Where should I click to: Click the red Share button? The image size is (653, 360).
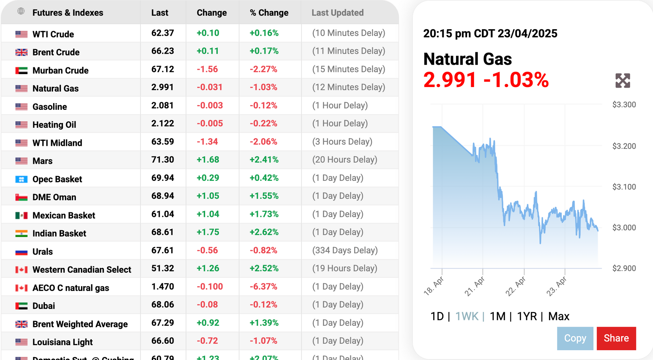[x=616, y=338]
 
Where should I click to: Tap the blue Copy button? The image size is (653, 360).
[x=575, y=338]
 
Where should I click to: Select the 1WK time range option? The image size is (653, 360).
[x=467, y=316]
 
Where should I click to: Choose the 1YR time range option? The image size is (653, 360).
[x=526, y=316]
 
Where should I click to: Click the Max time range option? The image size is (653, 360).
[x=558, y=316]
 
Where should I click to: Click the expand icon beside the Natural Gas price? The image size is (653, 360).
[x=622, y=81]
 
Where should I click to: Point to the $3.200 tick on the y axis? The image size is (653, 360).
[x=624, y=146]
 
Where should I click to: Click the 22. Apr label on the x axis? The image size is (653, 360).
[x=516, y=286]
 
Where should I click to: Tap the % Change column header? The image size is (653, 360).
[x=269, y=13]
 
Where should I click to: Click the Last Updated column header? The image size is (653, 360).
[x=337, y=13]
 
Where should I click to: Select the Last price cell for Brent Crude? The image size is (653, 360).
[x=163, y=51]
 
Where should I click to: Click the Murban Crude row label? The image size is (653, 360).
[x=61, y=70]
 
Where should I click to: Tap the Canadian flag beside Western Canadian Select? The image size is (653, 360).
[x=21, y=270]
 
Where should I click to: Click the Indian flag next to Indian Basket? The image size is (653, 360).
[x=21, y=234]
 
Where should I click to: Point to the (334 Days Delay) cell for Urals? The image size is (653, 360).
[x=345, y=251]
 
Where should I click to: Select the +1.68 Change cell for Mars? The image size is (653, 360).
[x=208, y=160]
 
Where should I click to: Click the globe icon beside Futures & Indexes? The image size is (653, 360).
[x=21, y=11]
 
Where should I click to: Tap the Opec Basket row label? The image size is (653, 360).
[x=57, y=179]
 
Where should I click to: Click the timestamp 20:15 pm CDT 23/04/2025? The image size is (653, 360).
[x=490, y=34]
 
